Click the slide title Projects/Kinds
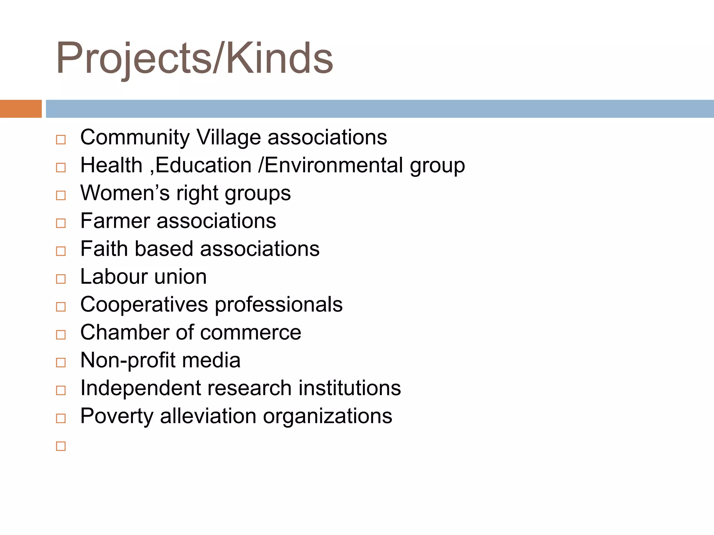(194, 58)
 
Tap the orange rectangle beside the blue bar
(21, 109)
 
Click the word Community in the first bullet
(135, 137)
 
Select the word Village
(228, 137)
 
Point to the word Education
(203, 165)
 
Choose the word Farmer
(115, 221)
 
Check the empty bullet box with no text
(61, 446)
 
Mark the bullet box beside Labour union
(61, 279)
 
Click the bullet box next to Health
(61, 167)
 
